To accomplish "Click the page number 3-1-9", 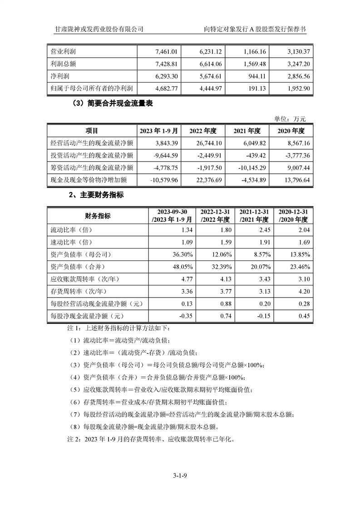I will point(180,476).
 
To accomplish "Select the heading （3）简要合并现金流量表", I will point(112,103).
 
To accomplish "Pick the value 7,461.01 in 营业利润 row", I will point(169,52).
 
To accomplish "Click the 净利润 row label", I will point(60,76).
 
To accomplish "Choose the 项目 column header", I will point(92,131).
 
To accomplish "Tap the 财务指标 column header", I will point(98,215).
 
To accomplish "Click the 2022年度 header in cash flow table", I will point(203,131).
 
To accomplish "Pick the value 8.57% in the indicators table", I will point(261,254).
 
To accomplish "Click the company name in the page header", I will point(99,29).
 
